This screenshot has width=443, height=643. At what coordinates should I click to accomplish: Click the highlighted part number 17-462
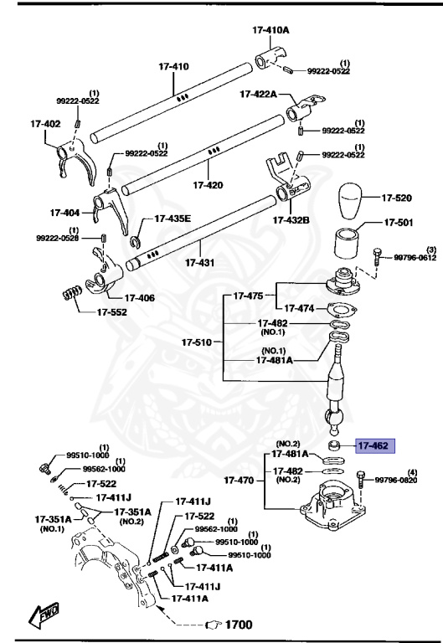click(373, 446)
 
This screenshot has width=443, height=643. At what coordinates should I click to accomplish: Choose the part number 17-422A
click(260, 94)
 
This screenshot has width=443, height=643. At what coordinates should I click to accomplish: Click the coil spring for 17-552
click(73, 295)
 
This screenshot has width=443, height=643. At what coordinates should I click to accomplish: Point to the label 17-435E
click(172, 219)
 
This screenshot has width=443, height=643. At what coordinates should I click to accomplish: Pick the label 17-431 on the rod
click(200, 263)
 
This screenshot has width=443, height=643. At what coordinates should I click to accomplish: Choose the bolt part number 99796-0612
click(414, 259)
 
